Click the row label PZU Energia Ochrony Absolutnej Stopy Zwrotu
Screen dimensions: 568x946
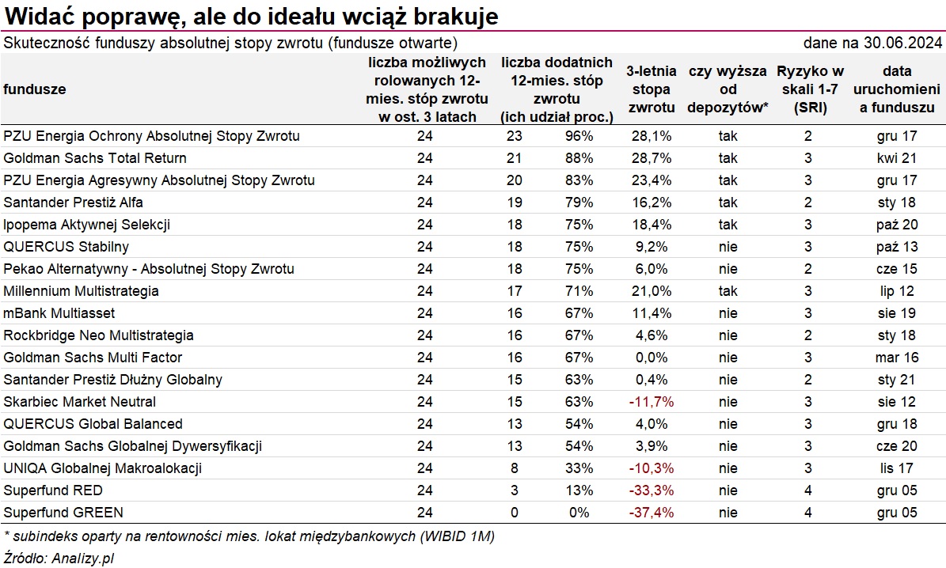(x=151, y=136)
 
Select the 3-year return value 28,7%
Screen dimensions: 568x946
(x=652, y=158)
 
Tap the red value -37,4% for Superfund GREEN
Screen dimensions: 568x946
(x=652, y=513)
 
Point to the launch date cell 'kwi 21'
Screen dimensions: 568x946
(x=897, y=158)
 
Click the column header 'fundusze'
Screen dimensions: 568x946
(x=35, y=89)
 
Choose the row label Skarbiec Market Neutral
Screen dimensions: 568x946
(x=79, y=402)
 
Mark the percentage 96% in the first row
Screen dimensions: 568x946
(x=579, y=136)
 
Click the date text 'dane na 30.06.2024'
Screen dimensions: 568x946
(x=872, y=43)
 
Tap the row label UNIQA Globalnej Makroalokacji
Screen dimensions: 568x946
(x=102, y=468)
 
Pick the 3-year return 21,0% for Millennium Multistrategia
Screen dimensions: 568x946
(x=652, y=291)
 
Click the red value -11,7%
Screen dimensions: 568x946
(x=652, y=402)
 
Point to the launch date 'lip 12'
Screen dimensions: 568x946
(x=897, y=291)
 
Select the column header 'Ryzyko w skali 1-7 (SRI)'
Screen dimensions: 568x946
(x=810, y=89)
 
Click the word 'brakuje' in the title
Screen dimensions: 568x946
(x=462, y=16)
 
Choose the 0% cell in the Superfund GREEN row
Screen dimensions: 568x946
(x=579, y=513)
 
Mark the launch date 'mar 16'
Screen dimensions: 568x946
(x=897, y=358)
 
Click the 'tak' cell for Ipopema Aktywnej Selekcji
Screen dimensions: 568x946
(x=728, y=225)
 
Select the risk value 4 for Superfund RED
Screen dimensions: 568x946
(x=808, y=490)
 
